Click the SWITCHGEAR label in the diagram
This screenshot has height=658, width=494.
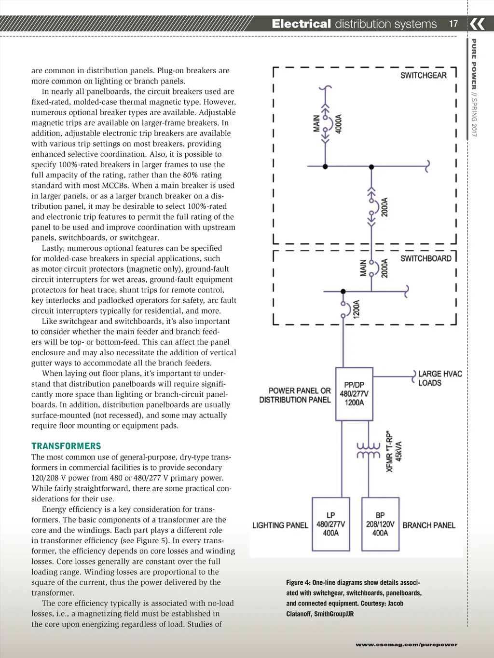click(423, 75)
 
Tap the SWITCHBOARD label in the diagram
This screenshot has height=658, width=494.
click(425, 258)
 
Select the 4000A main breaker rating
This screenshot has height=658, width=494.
click(339, 124)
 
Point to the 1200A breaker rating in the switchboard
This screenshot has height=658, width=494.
click(357, 309)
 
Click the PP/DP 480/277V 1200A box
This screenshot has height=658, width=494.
click(354, 394)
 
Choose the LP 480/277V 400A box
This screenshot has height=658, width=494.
click(330, 524)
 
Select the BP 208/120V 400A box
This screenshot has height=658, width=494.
click(380, 524)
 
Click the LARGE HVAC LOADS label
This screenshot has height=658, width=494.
click(439, 378)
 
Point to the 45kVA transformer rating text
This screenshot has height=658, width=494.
click(399, 451)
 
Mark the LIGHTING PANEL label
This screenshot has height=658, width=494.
click(280, 525)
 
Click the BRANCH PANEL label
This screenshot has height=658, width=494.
click(429, 525)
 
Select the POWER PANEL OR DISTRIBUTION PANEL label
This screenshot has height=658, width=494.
click(295, 395)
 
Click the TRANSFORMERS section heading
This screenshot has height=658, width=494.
click(66, 446)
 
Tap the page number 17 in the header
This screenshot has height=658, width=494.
click(453, 24)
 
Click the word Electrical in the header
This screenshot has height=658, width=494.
click(301, 24)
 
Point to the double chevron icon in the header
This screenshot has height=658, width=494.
click(477, 24)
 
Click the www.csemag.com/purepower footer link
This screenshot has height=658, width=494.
click(406, 644)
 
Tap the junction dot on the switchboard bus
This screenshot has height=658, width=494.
click(343, 292)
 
